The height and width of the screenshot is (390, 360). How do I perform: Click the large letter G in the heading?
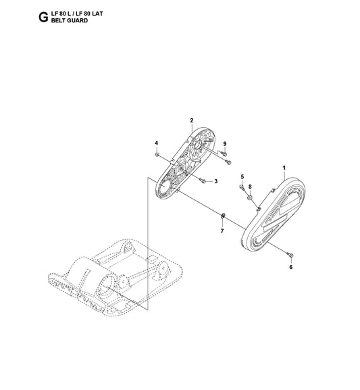coord(43,18)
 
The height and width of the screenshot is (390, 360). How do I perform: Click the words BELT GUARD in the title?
coord(70,21)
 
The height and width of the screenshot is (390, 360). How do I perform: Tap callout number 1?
coord(284,168)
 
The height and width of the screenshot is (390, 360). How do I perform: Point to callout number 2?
coord(192,120)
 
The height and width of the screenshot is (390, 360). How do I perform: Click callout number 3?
coord(216,181)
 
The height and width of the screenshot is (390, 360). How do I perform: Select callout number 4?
coord(157,143)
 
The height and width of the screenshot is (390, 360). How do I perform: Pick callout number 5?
coord(242,177)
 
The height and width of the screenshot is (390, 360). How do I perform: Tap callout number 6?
coord(291,267)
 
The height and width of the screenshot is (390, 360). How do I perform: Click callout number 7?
coord(222,231)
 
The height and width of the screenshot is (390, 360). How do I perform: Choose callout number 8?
coord(250,187)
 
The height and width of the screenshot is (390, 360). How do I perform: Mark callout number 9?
coord(225,144)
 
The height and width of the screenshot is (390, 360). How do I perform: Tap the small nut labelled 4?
coord(157,155)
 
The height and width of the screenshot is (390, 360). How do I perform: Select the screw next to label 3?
coord(203,180)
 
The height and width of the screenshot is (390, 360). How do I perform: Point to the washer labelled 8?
coord(250,198)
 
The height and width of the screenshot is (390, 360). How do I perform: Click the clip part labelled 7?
coord(223,216)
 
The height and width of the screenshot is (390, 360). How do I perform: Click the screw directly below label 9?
coord(224,154)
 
